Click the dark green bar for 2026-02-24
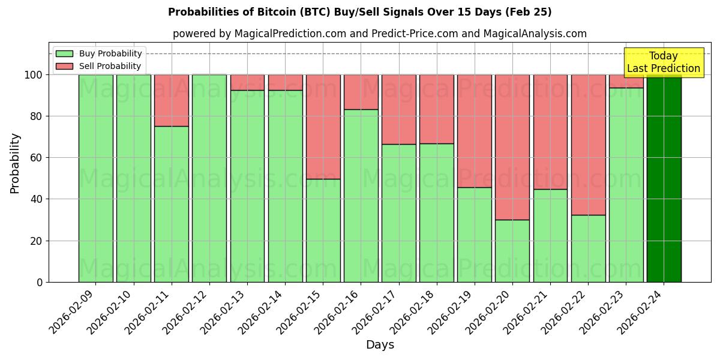pos(664,178)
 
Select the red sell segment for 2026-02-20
pos(512,147)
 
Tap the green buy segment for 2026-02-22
pos(588,248)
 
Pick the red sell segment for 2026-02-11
pos(172,100)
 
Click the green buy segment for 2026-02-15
pos(323,230)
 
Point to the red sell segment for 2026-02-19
pos(475,131)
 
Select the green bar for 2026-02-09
pos(95,178)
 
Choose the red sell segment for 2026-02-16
pos(361,92)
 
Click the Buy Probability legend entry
pos(99,53)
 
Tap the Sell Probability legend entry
pos(99,66)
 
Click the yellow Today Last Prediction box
pos(663,62)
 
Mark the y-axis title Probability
pos(16,163)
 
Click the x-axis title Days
pos(380,345)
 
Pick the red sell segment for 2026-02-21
pos(550,132)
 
